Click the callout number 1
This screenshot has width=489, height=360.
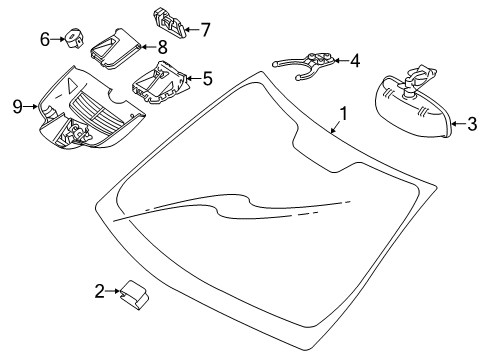point(343,114)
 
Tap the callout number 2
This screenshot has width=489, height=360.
point(100,291)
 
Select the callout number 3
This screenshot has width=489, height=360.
point(472,124)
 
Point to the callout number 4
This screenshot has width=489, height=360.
point(355,61)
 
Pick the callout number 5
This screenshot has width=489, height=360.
point(208,79)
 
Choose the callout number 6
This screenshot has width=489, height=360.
point(45,39)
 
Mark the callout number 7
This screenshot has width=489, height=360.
point(205,29)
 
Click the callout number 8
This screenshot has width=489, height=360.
point(162,47)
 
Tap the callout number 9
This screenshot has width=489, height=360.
point(17,107)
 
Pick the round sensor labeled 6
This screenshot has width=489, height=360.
point(74,38)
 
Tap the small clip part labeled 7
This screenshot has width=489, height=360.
point(170,23)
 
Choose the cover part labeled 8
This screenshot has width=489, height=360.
point(116,49)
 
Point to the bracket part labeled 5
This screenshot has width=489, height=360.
point(161,82)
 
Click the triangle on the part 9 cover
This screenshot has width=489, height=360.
point(71,85)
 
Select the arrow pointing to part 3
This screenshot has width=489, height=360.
point(459,124)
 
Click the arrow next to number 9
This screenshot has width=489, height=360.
point(31,107)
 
